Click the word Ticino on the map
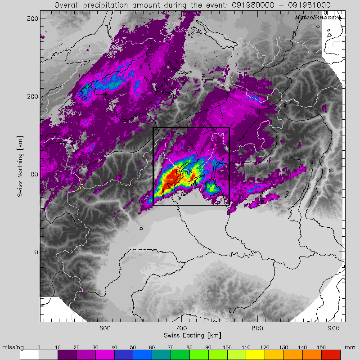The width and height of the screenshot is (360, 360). (184, 171)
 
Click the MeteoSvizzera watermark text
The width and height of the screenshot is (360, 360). (318, 17)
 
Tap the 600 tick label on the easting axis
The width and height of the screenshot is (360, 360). (105, 328)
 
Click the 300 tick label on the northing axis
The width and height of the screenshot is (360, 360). (31, 18)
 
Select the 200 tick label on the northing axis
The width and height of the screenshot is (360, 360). (31, 96)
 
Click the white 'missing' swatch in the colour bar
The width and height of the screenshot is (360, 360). (29, 355)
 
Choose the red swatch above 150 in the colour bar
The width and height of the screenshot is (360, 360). (332, 355)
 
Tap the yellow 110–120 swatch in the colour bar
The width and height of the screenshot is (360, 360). (256, 355)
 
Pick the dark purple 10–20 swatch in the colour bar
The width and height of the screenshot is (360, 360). (67, 355)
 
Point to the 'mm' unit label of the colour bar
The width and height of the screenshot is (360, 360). (350, 347)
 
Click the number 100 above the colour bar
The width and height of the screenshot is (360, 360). (228, 347)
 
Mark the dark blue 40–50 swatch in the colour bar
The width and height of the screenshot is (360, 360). (124, 355)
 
